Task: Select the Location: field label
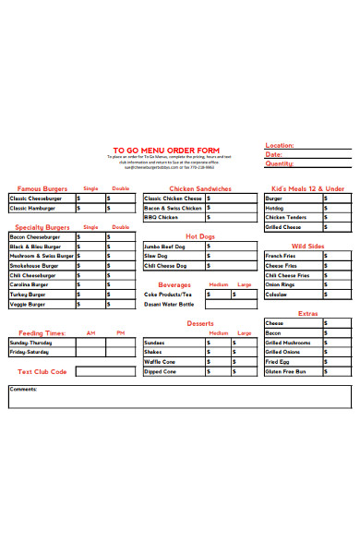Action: tap(279, 145)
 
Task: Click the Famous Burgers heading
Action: tap(42, 188)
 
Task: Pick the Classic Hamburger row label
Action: tap(33, 209)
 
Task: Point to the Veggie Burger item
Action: tap(28, 304)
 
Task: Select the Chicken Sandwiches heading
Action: tap(201, 188)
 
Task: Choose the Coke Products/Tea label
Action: tap(168, 295)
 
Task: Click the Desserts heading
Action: tap(200, 323)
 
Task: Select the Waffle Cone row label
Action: tap(159, 362)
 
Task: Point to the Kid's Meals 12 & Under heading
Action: tap(307, 188)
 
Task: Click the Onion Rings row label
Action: tap(279, 285)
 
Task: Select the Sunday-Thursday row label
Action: tap(31, 343)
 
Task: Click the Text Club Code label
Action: tap(42, 371)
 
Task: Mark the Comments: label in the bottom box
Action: tap(23, 389)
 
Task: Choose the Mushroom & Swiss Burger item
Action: tap(42, 256)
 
